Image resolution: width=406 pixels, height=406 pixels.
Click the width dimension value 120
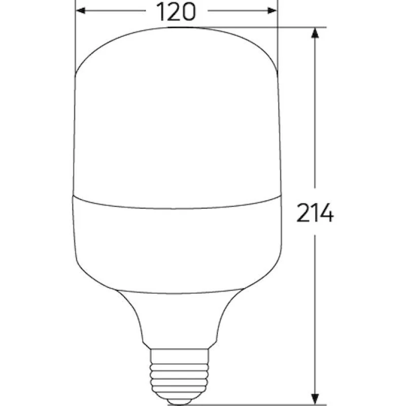[x=176, y=12]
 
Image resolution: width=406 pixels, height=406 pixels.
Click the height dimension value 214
[x=315, y=213]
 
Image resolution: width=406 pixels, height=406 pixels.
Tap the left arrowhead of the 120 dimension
[x=81, y=11]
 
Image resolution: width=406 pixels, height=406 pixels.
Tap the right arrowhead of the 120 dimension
[x=272, y=11]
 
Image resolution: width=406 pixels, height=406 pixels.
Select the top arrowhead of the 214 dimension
[x=315, y=32]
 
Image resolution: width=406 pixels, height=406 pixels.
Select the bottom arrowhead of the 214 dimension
[x=315, y=398]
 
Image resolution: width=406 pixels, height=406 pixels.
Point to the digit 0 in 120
[x=188, y=12]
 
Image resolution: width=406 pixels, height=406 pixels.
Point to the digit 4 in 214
[x=326, y=213]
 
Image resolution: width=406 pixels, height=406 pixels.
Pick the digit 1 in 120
[x=160, y=12]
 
